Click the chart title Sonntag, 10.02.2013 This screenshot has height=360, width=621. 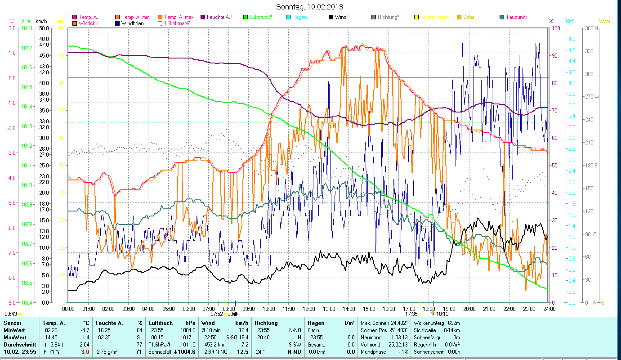[310, 7]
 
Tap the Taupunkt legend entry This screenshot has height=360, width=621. [516, 17]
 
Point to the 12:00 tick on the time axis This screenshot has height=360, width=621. [309, 309]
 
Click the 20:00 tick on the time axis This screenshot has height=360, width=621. [469, 309]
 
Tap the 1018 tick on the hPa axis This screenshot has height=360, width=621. [27, 28]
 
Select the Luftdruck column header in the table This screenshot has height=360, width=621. [161, 323]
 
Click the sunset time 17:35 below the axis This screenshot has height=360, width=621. [411, 314]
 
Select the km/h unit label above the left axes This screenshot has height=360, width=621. [41, 21]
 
